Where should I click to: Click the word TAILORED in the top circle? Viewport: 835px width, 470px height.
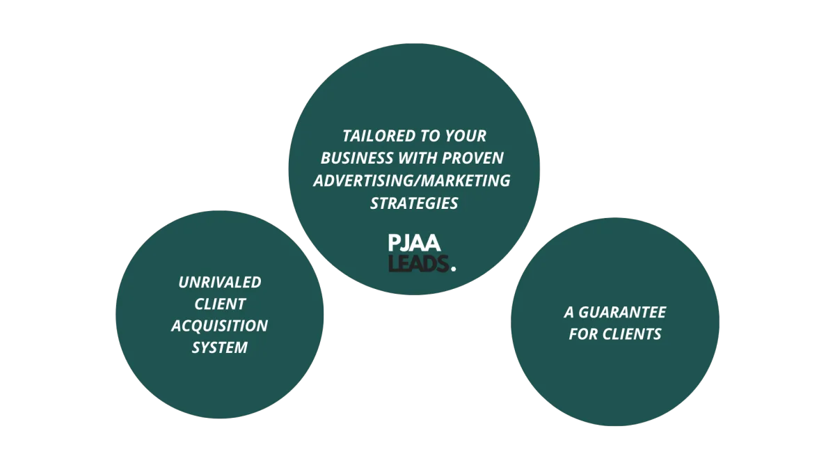pyautogui.click(x=372, y=136)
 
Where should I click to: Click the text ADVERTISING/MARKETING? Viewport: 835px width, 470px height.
pyautogui.click(x=412, y=180)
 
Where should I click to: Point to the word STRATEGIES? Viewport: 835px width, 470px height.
pyautogui.click(x=414, y=203)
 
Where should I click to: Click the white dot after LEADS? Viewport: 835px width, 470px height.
pyautogui.click(x=454, y=267)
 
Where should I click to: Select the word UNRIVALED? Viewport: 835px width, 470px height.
pyautogui.click(x=220, y=282)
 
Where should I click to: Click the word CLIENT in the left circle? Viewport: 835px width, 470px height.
pyautogui.click(x=220, y=304)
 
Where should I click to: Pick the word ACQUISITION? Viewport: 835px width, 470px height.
pyautogui.click(x=220, y=325)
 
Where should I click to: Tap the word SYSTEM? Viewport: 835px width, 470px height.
pyautogui.click(x=220, y=347)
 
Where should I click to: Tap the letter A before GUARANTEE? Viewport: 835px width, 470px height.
pyautogui.click(x=568, y=312)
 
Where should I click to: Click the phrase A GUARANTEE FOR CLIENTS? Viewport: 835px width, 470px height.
pyautogui.click(x=615, y=323)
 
